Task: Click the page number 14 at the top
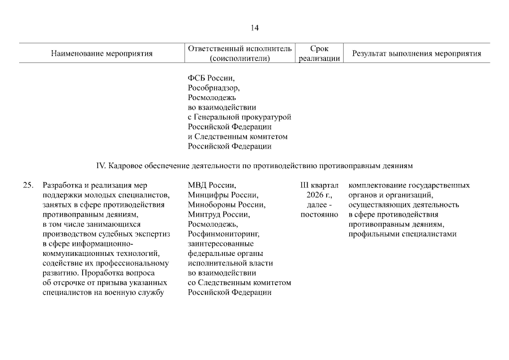click(254, 28)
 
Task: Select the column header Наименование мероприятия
click(102, 54)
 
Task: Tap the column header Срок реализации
click(319, 53)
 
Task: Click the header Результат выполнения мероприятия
click(416, 54)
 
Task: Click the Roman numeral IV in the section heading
click(101, 166)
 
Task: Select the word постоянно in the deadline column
click(319, 214)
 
